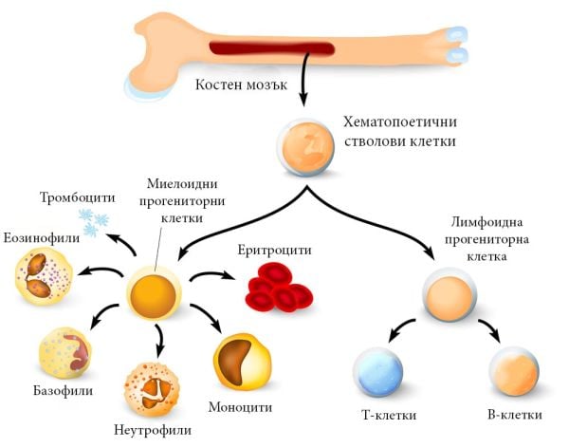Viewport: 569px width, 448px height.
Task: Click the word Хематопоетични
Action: (x=398, y=122)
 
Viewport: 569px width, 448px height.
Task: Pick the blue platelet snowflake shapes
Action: (x=95, y=224)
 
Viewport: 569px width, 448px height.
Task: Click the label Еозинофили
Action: (x=41, y=236)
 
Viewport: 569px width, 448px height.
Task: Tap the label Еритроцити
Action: (x=268, y=250)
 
